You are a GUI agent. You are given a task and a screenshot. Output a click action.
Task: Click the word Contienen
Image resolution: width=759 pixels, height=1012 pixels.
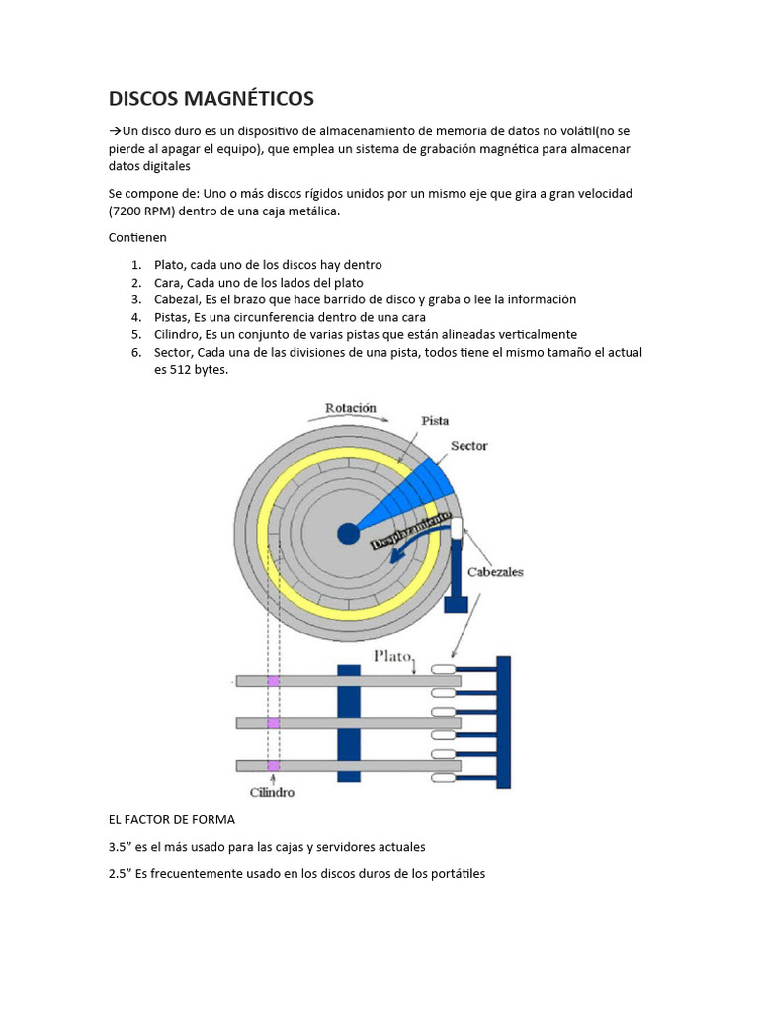[x=136, y=238]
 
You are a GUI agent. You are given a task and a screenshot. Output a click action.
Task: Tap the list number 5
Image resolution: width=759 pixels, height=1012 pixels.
[x=136, y=335]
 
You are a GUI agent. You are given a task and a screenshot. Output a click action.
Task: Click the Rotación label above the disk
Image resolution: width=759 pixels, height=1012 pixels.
[x=350, y=408]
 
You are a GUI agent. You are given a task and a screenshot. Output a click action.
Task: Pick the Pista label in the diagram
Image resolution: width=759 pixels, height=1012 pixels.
[x=435, y=420]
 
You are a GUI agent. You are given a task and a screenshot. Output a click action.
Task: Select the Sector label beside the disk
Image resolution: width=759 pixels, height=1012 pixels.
[x=468, y=446]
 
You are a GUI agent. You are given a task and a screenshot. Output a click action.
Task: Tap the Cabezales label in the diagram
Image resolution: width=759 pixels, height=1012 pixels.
[x=495, y=572]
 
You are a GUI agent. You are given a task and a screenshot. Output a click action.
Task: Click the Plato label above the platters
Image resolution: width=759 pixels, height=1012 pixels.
[x=391, y=655]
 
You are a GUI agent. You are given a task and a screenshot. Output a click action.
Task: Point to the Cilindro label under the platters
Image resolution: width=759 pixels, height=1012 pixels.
[x=271, y=792]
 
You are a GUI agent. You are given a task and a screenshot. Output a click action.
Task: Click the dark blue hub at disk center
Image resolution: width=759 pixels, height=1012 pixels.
[x=348, y=534]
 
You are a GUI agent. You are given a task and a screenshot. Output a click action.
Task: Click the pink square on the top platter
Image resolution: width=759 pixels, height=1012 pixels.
[x=274, y=681]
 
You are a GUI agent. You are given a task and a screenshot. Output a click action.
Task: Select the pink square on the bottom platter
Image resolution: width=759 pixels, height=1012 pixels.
[x=274, y=765]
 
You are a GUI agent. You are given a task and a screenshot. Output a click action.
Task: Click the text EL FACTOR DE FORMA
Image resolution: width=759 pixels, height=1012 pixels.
[x=171, y=820]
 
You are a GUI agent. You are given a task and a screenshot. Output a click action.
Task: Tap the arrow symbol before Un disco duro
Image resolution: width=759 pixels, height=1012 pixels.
[x=114, y=131]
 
